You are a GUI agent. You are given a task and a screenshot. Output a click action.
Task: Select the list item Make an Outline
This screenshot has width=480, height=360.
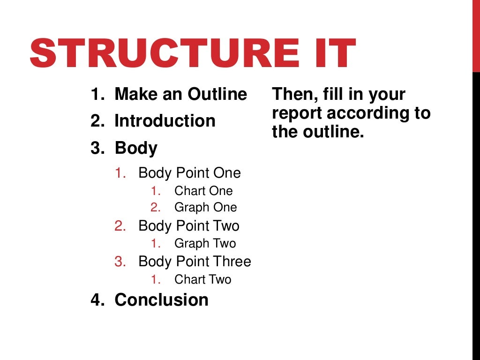[180, 94]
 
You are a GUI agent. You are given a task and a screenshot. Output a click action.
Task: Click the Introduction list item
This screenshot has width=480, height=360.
[165, 121]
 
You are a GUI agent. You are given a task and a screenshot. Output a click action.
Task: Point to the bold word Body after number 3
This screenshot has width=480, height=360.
[136, 148]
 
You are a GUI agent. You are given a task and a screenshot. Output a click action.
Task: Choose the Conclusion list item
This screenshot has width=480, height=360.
[161, 300]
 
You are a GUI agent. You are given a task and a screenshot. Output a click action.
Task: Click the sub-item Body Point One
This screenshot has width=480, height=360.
[189, 173]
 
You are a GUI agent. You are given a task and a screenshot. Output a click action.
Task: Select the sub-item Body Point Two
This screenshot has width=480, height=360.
[188, 226]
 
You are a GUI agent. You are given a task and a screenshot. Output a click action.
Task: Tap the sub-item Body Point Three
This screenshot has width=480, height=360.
[195, 261]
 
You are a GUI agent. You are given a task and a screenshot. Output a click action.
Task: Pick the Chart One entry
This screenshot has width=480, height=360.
[203, 191]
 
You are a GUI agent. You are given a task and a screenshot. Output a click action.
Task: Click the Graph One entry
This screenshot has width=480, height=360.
[205, 207]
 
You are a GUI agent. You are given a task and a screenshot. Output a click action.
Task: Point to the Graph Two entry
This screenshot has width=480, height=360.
[205, 243]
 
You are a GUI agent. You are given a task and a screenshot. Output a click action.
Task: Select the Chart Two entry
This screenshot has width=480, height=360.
[202, 279]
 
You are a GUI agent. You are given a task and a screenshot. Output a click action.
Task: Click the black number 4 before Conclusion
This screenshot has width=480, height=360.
[96, 300]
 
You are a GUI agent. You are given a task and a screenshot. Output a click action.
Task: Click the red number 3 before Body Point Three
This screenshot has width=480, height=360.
[120, 261]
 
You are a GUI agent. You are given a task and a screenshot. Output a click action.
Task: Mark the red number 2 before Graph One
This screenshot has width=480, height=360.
[156, 207]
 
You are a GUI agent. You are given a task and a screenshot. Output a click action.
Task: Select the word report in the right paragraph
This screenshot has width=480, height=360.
[297, 113]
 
